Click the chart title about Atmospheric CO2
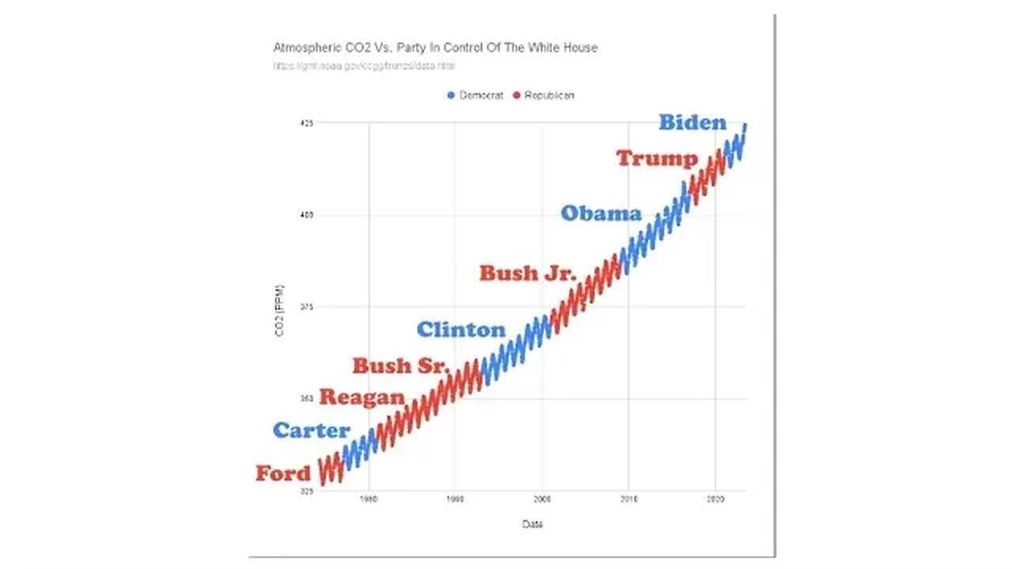click(435, 47)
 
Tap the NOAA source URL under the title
click(364, 66)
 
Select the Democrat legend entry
click(475, 95)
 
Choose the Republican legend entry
click(544, 95)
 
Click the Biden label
click(692, 122)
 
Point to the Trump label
click(657, 158)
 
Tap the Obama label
click(601, 213)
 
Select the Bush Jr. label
click(528, 273)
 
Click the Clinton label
click(460, 330)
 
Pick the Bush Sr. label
click(401, 366)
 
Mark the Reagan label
click(361, 398)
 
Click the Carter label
click(312, 431)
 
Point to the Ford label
click(283, 474)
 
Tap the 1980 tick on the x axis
click(368, 499)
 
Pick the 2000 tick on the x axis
click(542, 499)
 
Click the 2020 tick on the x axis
click(715, 499)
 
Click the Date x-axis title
click(532, 525)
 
